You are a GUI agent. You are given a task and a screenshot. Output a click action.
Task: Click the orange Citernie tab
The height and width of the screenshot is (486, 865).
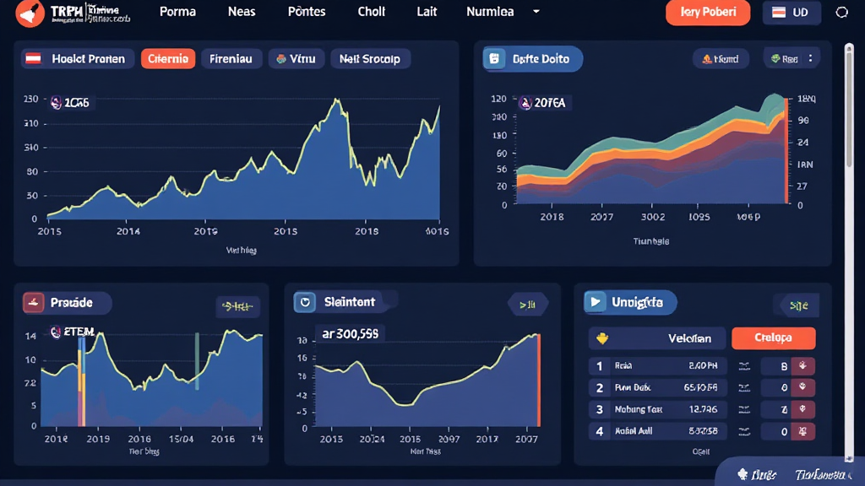coord(168,58)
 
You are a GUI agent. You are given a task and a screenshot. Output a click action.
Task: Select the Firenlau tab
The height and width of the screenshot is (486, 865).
coord(231,58)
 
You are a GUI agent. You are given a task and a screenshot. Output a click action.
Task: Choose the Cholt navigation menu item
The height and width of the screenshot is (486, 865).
coord(372,12)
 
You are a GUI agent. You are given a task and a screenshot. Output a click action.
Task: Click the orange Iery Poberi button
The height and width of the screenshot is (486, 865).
coord(708,12)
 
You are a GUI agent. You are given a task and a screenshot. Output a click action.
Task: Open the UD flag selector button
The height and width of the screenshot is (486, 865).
coord(791,13)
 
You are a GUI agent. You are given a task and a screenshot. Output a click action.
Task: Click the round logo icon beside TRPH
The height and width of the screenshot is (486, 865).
coord(29,13)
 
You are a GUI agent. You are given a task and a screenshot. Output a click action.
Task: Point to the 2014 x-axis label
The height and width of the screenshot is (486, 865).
coord(128,230)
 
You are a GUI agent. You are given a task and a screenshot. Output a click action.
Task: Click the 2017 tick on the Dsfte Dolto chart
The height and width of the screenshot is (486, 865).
coord(602,217)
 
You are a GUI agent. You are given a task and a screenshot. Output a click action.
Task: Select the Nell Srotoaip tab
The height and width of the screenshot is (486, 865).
coord(371,58)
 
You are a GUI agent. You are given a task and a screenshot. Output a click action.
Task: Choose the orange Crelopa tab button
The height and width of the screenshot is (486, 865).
coord(773,338)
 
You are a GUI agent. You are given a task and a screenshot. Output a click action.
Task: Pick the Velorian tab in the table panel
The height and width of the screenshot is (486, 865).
coord(656,338)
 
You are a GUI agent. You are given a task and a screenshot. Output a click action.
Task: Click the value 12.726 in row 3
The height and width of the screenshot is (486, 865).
coord(703,409)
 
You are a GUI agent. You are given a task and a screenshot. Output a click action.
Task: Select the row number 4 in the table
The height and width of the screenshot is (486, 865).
coord(600,431)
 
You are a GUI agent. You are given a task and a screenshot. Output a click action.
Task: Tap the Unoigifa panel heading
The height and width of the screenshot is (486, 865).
coord(630,301)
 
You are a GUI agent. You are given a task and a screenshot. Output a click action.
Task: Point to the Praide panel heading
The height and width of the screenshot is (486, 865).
coord(67,302)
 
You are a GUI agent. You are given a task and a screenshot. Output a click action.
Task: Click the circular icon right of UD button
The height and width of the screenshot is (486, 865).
coord(841,13)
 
